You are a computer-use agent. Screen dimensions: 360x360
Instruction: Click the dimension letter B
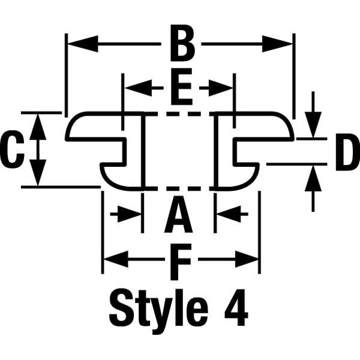pos(182,43)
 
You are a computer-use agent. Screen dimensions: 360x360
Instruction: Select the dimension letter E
pos(181,86)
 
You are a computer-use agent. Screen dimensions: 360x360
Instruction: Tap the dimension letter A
pos(178,214)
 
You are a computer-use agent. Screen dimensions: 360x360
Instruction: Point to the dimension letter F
pos(181,262)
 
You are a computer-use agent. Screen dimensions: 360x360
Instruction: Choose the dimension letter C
pos(13,149)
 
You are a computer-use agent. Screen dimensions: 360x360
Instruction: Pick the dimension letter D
pos(347,152)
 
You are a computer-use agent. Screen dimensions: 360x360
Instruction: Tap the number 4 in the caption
pos(236,308)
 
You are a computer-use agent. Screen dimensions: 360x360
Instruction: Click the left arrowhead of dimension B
pos(83,44)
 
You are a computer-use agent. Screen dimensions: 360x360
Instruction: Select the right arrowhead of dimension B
pos(277,44)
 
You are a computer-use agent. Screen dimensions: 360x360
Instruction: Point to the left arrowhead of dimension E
pos(138,88)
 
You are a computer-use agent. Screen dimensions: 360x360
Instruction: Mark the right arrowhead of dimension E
pos(221,88)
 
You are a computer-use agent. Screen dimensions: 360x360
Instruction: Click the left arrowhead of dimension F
pos(116,259)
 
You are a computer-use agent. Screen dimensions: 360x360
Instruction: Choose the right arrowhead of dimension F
pos(247,259)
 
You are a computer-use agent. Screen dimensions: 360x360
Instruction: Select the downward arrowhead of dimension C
pos(38,172)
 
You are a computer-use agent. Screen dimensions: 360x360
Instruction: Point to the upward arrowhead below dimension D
pos(313,179)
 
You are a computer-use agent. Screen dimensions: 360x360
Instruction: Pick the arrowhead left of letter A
pos(130,214)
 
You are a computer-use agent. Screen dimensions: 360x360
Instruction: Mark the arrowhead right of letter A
pos(229,214)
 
